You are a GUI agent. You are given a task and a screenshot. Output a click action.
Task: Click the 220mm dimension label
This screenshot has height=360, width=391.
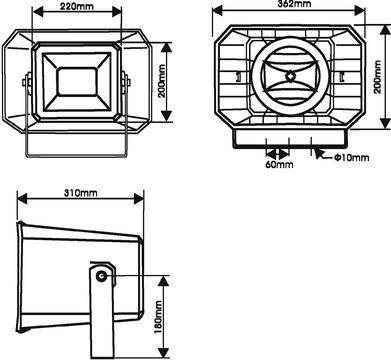77,6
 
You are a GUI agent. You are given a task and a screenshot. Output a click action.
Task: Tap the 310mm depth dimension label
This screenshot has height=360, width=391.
81,193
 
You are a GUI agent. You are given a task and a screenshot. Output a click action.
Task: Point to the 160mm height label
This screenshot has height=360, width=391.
158,317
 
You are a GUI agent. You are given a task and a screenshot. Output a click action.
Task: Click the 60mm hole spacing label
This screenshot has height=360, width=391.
279,164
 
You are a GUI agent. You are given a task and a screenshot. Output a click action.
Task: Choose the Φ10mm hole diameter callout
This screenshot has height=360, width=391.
352,157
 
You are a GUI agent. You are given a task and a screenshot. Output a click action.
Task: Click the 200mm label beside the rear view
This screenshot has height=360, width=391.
377,77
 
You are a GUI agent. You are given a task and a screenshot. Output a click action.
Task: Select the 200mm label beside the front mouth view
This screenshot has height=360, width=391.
162,81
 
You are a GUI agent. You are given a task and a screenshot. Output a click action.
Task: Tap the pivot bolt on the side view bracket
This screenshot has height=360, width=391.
101,276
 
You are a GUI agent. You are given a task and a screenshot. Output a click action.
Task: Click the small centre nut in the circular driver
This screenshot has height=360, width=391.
290,76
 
